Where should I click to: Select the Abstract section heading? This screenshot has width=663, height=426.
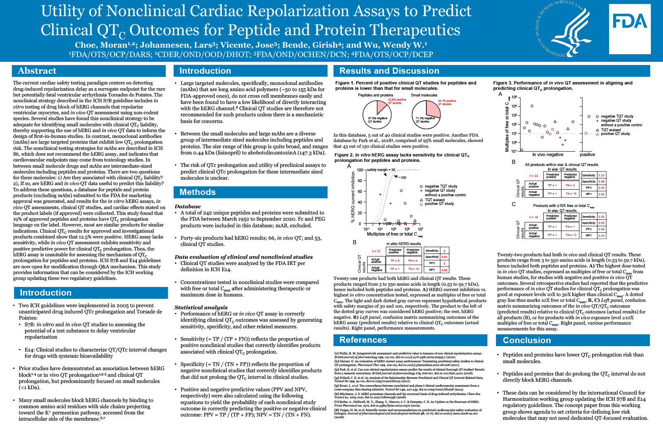[x=37, y=71]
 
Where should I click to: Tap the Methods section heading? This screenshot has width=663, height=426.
[x=198, y=192]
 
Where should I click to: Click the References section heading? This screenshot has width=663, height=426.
[x=363, y=340]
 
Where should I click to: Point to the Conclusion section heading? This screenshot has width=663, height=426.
[x=527, y=340]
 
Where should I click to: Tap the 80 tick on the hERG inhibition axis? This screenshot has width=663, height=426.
[x=360, y=181]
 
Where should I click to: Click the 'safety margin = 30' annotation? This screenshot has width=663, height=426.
[x=381, y=170]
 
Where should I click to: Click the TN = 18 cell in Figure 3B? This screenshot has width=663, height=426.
[x=571, y=193]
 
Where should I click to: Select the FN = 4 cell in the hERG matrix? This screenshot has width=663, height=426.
[x=413, y=260]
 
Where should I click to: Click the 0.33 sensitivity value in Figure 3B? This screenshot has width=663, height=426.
[x=601, y=175]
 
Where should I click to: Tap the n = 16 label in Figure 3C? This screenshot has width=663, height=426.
[x=533, y=217]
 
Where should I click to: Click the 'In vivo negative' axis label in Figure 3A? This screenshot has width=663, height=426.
[x=547, y=154]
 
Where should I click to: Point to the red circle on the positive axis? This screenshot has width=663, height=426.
[x=586, y=133]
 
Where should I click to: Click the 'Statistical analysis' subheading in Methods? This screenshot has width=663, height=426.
[x=201, y=307]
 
